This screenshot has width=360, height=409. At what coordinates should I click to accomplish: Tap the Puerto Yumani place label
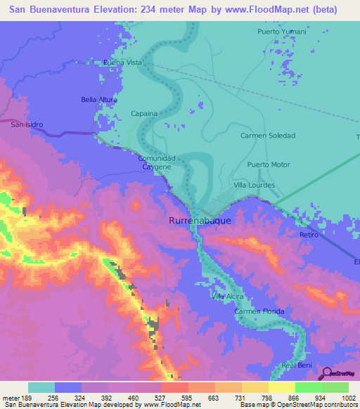point(282,32)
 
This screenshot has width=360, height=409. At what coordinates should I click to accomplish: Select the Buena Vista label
point(122,63)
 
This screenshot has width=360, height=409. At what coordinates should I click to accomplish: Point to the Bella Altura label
point(99,100)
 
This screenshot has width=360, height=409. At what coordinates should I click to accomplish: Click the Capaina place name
point(144,112)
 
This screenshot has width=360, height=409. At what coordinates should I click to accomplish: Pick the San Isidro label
point(27,124)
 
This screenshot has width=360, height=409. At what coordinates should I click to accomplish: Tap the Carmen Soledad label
point(268,135)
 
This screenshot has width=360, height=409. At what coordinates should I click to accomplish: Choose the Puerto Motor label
point(269,164)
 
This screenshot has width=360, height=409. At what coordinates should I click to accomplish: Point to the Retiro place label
point(309,235)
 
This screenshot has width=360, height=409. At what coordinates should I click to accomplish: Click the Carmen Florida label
point(257,311)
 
